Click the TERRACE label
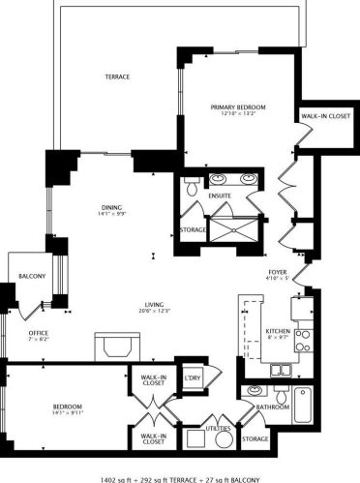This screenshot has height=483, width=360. [117, 76]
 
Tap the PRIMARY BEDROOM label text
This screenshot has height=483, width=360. [238, 106]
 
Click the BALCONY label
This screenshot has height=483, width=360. [32, 278]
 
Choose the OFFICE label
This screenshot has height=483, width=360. [38, 332]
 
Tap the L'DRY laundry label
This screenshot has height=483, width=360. [192, 377]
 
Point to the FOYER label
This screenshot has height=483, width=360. [279, 273]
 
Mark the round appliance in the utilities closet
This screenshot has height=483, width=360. [225, 439]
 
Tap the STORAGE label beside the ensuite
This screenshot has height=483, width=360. [194, 230]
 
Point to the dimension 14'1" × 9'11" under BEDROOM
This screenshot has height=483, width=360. [68, 412]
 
